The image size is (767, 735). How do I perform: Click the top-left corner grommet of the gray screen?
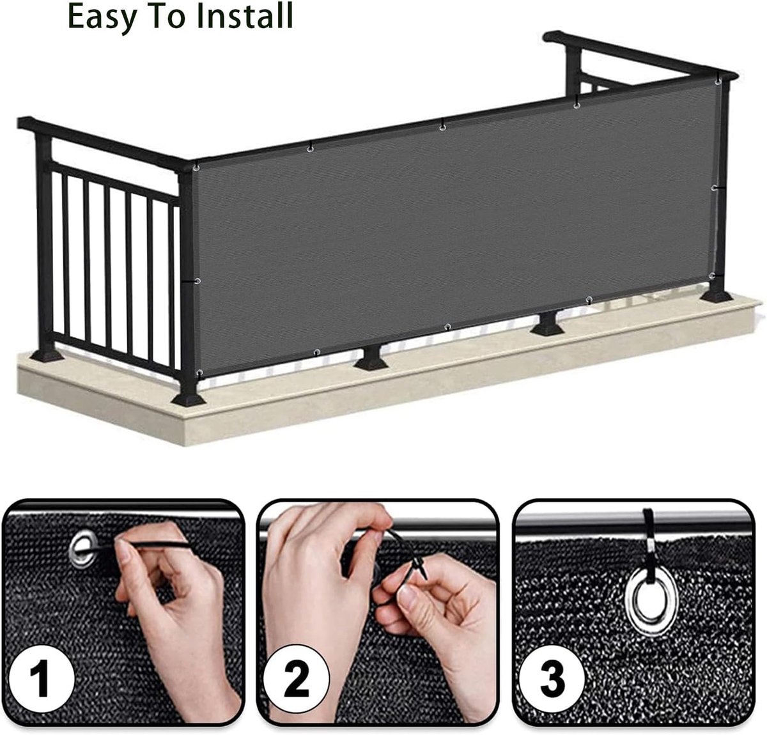pos(196,168)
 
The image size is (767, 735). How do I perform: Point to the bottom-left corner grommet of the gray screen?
pos(200,373)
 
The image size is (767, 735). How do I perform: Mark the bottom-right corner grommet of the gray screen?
pos(712,275)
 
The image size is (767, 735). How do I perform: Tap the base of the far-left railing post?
pos(47,355)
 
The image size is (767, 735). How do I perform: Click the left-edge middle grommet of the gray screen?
pos(197,281)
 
